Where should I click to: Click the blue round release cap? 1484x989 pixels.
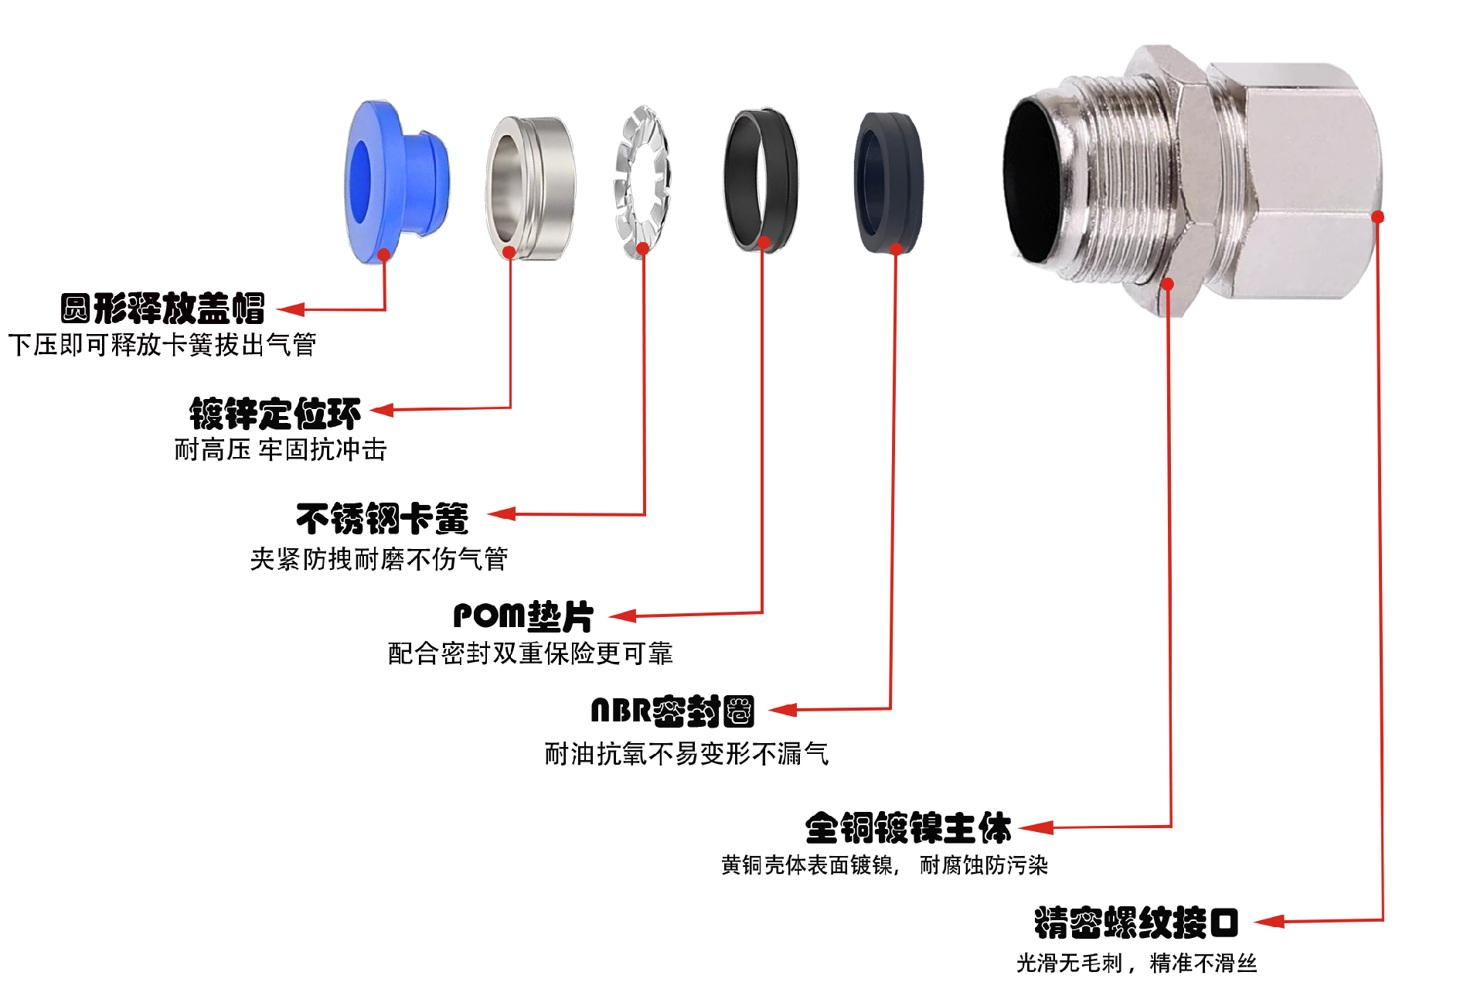[x=398, y=182]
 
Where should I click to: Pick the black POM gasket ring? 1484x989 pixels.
[x=761, y=179]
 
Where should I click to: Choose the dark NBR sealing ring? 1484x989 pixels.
[x=889, y=182]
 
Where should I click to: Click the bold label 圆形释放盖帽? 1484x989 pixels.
[x=162, y=309]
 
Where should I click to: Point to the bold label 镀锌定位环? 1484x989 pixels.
[x=275, y=414]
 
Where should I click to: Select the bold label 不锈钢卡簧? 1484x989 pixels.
[x=383, y=518]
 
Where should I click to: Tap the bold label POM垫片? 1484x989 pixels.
[x=523, y=616]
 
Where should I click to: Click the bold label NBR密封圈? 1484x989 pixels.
[x=672, y=711]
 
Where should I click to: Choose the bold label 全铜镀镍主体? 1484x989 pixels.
[x=908, y=828]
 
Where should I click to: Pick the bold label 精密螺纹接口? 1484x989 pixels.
[x=1136, y=922]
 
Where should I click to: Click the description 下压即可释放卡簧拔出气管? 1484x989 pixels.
[x=162, y=345]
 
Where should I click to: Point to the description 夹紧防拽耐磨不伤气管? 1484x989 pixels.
[x=379, y=558]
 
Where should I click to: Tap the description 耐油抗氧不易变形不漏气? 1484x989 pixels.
[x=686, y=753]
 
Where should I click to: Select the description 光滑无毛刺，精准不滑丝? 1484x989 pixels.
[x=1136, y=963]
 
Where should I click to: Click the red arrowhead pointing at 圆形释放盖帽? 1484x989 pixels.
[x=291, y=309]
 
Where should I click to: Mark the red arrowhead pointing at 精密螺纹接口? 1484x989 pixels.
[x=1268, y=921]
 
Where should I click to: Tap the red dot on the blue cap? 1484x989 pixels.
[x=384, y=254]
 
